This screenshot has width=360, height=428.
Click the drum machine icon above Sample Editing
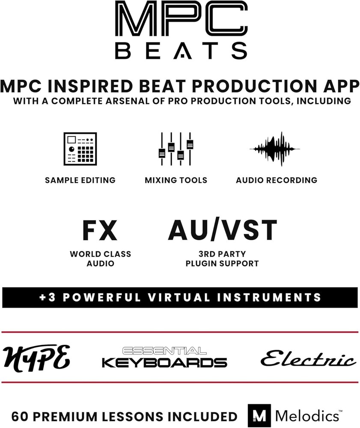(x=80, y=149)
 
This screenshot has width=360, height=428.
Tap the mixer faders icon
(x=176, y=149)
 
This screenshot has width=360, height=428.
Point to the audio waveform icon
(x=274, y=149)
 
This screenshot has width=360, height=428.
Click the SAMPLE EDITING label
(x=80, y=180)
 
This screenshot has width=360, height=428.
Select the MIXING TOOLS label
(x=176, y=180)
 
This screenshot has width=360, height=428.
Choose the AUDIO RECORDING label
(x=277, y=180)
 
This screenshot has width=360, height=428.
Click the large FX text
(x=99, y=231)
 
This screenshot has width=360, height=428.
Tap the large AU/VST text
(x=222, y=230)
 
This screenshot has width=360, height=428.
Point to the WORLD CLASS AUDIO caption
(x=100, y=259)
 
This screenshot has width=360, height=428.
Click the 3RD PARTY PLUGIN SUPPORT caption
(x=222, y=259)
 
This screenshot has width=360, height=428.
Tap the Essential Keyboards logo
(x=164, y=357)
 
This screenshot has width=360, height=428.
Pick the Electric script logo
(x=308, y=358)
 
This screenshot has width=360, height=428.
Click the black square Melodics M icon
(x=259, y=416)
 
